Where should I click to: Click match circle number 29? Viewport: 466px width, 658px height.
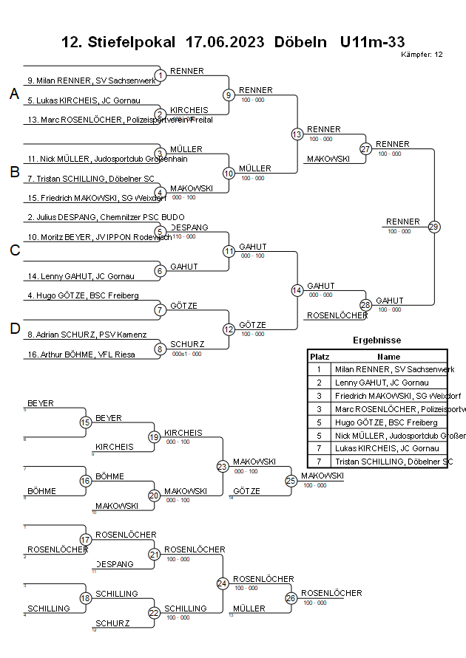[434, 227]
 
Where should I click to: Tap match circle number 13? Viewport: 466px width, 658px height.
[297, 134]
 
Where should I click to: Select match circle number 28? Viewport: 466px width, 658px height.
[365, 305]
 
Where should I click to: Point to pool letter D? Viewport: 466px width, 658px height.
[14, 329]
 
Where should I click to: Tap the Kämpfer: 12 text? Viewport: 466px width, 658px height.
[422, 55]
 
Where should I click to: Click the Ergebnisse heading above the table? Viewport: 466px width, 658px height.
[376, 340]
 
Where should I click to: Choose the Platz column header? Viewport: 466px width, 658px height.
[319, 356]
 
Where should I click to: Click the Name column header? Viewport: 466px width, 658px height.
[388, 356]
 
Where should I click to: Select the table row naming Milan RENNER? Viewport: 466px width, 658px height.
[388, 369]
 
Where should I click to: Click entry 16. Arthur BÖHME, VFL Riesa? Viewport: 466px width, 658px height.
[81, 354]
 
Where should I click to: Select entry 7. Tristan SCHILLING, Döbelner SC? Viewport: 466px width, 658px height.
[91, 179]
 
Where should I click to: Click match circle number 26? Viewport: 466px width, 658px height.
[291, 598]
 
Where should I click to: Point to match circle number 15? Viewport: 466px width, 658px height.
[86, 422]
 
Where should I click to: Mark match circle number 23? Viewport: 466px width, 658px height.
[223, 467]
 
